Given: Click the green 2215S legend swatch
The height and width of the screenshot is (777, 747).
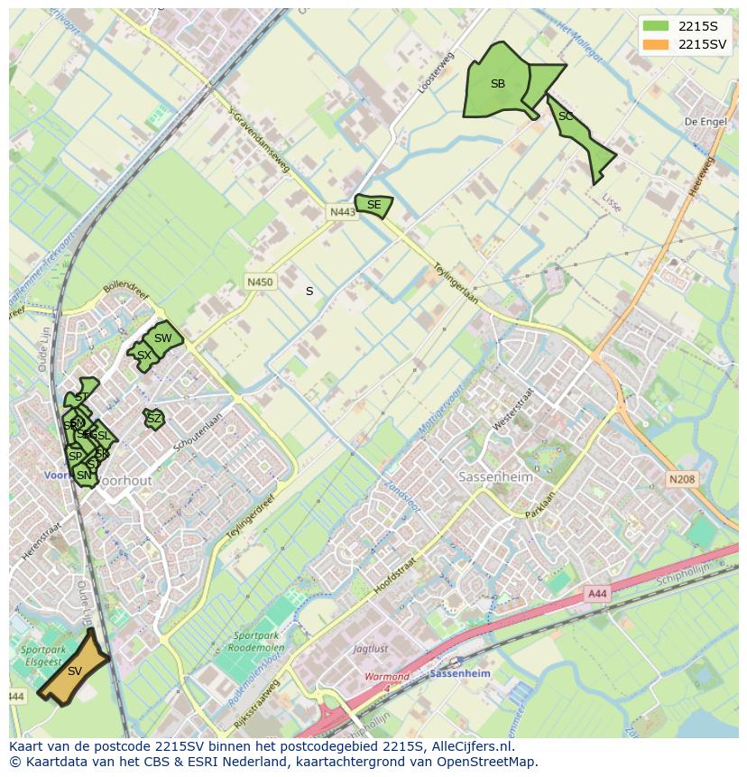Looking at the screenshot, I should (x=656, y=25).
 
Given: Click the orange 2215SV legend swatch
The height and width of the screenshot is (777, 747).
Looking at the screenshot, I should (x=656, y=44).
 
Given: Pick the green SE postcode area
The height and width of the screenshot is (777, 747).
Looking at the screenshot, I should (x=373, y=206).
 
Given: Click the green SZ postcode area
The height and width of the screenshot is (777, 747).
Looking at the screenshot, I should (x=154, y=419).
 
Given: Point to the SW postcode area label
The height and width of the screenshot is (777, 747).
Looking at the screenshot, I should (x=162, y=338).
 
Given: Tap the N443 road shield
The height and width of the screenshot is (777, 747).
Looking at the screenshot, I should (x=342, y=212).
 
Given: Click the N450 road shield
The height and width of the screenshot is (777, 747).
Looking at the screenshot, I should (x=260, y=282).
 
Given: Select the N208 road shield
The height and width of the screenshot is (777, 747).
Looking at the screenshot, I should (x=682, y=479).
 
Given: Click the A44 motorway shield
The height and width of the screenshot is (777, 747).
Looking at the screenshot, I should (x=597, y=593).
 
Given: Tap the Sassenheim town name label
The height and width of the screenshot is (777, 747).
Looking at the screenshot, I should (x=492, y=476).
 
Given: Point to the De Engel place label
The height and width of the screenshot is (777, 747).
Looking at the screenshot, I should (x=704, y=121).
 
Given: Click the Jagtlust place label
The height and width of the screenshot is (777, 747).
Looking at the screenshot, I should (x=371, y=648).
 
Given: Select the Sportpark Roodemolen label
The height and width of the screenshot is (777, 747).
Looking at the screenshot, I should (x=255, y=642).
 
